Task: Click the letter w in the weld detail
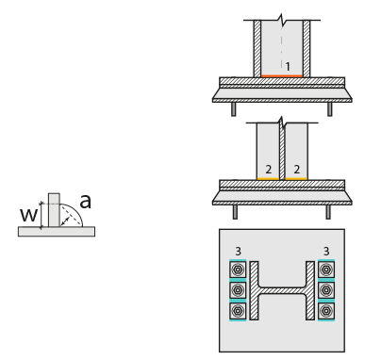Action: tap(28, 216)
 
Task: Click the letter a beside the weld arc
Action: tap(85, 202)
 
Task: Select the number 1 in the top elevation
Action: tap(288, 67)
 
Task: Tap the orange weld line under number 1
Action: tap(282, 76)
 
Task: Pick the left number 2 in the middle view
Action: tap(269, 170)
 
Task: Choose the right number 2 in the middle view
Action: tap(297, 170)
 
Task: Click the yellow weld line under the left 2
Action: tap(268, 179)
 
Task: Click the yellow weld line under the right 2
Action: tap(296, 179)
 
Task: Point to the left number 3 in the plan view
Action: tap(238, 252)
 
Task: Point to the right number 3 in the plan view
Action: tap(326, 252)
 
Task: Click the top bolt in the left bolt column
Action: tap(238, 270)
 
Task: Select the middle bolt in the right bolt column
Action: tap(326, 290)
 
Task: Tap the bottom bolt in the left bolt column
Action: tap(238, 311)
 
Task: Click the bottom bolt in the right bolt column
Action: tap(326, 311)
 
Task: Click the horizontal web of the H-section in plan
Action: tap(282, 290)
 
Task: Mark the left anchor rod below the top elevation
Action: tap(234, 109)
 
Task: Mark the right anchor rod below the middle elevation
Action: tap(328, 212)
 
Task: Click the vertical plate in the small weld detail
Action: tap(54, 210)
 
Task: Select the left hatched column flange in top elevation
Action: tap(257, 49)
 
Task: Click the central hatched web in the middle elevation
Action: tap(282, 153)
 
